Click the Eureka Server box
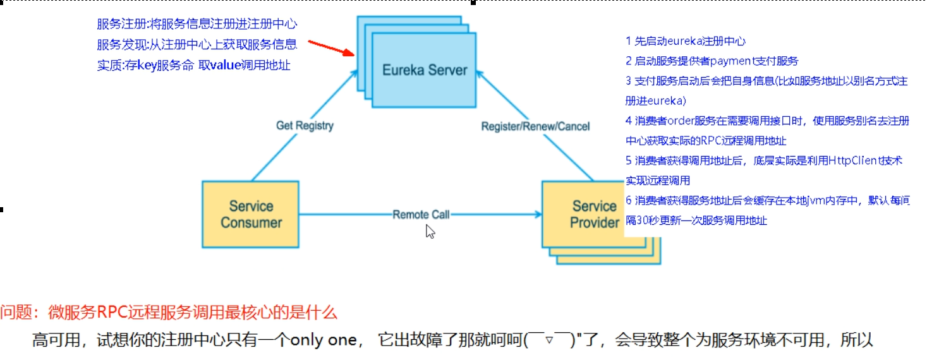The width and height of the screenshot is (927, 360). pos(424,70)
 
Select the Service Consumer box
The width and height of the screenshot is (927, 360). pos(250,214)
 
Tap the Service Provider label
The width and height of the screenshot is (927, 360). pos(594,214)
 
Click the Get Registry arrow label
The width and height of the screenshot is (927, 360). pos(305,126)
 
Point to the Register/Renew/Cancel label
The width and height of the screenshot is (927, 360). pos(535,126)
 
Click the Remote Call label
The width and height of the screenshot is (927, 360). pos(421,214)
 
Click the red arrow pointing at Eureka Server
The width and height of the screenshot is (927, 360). pos(331,48)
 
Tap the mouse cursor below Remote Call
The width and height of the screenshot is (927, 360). pos(430,232)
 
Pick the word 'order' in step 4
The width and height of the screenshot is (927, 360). pos(681,121)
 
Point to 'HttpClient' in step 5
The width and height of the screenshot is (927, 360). pos(853,160)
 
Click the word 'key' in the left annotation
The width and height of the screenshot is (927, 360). pos(147,66)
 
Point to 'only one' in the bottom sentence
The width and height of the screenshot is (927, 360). pos(324,340)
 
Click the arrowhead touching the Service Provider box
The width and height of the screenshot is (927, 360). pos(538,214)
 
